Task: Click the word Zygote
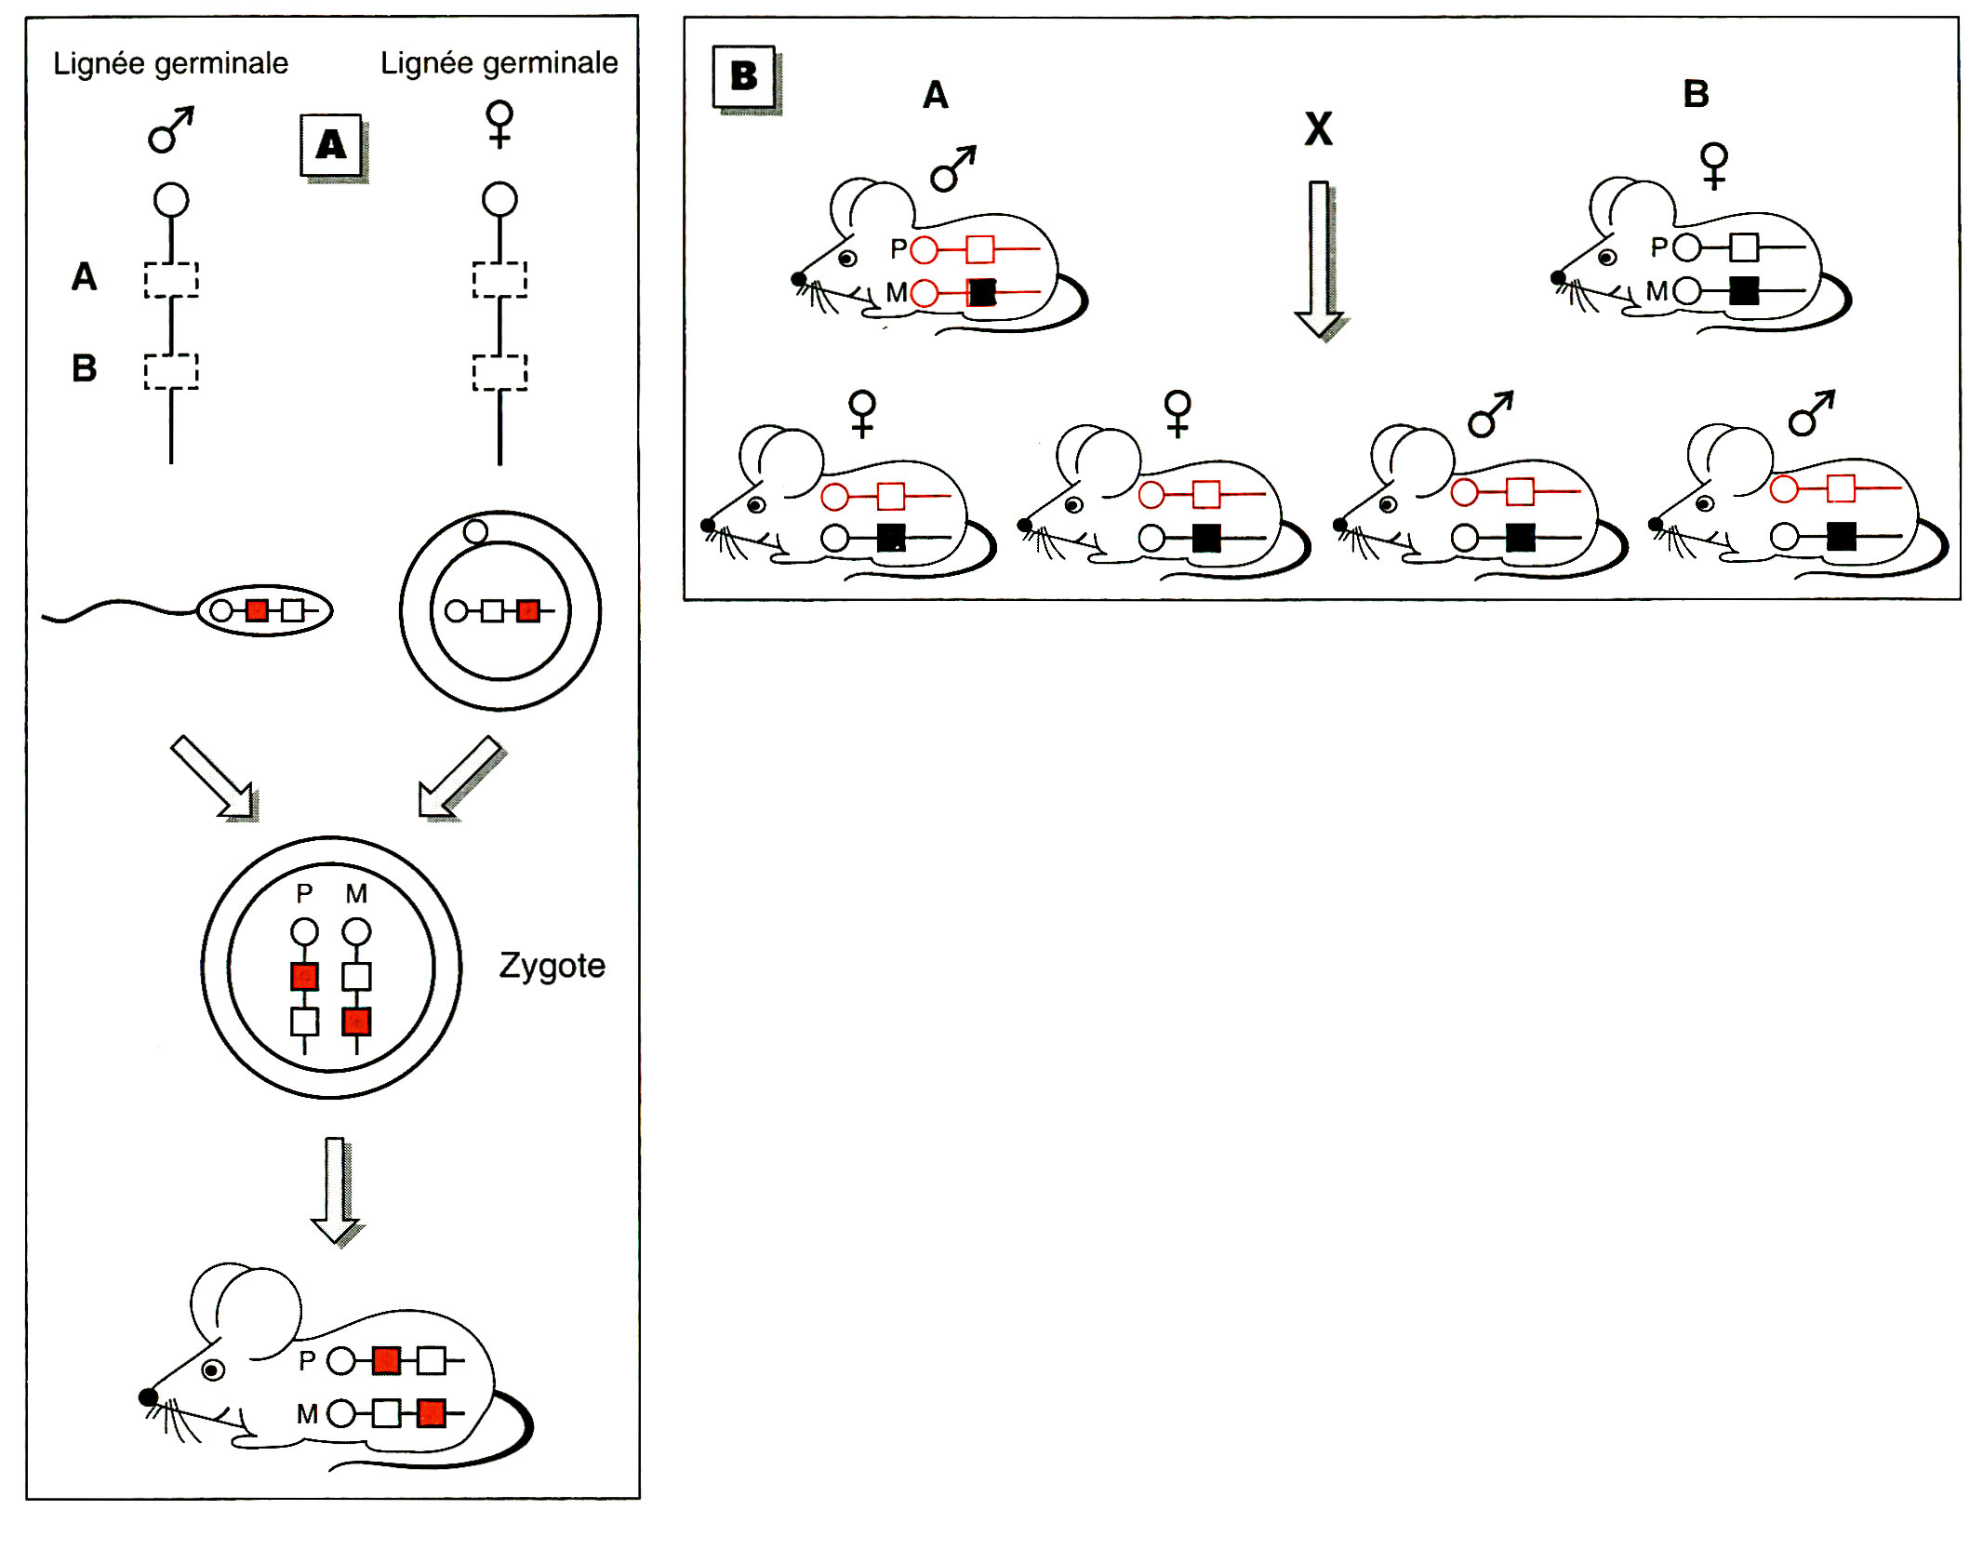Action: click(x=552, y=966)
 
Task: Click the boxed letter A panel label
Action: click(x=331, y=145)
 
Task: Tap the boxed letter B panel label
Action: click(x=744, y=76)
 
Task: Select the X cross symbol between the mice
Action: click(x=1318, y=128)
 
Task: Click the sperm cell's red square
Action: click(x=258, y=611)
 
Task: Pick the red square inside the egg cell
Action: click(x=528, y=611)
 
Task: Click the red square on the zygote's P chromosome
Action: click(x=304, y=976)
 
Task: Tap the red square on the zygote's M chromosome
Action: click(x=357, y=1022)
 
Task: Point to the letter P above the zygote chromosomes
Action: click(x=304, y=894)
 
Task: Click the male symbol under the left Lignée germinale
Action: click(x=170, y=129)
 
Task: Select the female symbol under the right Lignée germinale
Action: click(x=499, y=125)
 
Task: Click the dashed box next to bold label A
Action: click(x=171, y=280)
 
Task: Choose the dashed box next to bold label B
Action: click(x=171, y=371)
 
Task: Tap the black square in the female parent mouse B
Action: click(x=1744, y=291)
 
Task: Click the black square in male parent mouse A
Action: click(x=981, y=293)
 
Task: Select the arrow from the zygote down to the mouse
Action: click(x=335, y=1189)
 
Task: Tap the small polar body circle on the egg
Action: click(x=475, y=531)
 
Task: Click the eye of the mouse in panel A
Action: click(x=213, y=1370)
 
